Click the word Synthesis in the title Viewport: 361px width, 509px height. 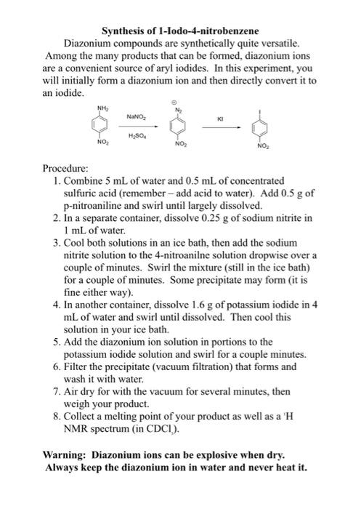[123, 31]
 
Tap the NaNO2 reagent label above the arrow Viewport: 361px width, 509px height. [136, 116]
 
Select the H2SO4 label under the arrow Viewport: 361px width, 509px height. [136, 136]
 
